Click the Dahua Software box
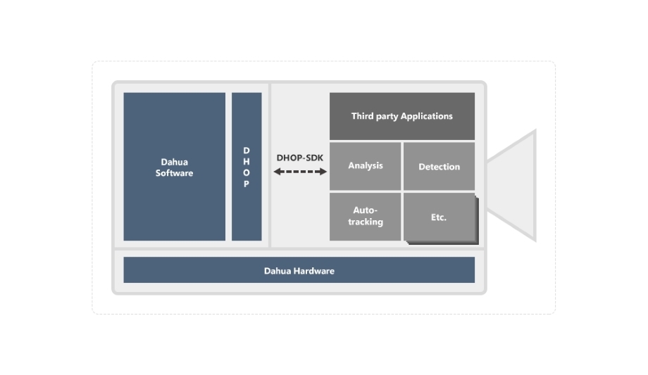[174, 167]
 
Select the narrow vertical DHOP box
[247, 167]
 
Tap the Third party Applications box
[401, 116]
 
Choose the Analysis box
[365, 166]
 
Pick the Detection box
[439, 167]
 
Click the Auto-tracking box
[365, 216]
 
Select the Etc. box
[439, 217]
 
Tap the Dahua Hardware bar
[299, 270]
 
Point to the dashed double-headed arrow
[300, 171]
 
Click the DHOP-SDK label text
[300, 158]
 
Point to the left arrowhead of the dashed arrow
[277, 171]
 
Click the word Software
[174, 173]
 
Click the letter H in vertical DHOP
[247, 162]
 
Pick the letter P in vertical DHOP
[247, 184]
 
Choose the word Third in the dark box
[363, 116]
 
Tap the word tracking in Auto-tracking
[366, 222]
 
